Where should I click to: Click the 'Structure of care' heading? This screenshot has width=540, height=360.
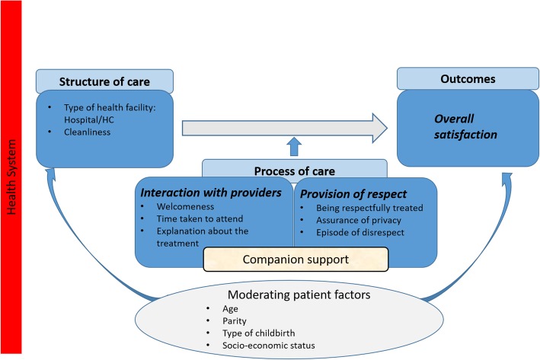click(x=104, y=82)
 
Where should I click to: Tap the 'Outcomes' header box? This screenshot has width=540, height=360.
click(x=468, y=79)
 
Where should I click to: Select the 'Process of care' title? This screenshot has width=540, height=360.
click(x=295, y=171)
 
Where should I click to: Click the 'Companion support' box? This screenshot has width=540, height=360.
click(x=296, y=260)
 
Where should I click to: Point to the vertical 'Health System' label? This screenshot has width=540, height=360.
click(x=11, y=177)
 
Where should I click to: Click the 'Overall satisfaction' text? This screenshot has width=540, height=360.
click(x=465, y=126)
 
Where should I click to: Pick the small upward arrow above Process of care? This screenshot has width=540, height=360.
click(x=294, y=147)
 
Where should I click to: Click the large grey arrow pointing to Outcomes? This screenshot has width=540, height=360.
click(x=284, y=128)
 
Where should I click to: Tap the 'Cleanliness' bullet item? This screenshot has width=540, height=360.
click(x=87, y=132)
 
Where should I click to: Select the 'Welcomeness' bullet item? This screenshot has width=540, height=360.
click(x=185, y=206)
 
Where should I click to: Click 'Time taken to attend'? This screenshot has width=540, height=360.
click(x=200, y=219)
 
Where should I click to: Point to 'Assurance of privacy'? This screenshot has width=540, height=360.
click(x=359, y=220)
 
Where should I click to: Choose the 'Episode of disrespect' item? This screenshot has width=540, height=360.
click(x=360, y=233)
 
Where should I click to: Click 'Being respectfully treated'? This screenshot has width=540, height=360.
click(x=369, y=208)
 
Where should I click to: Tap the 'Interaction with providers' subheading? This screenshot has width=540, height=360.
click(x=211, y=193)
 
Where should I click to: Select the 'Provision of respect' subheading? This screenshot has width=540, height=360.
click(x=353, y=194)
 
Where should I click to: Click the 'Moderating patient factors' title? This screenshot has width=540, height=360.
click(x=299, y=295)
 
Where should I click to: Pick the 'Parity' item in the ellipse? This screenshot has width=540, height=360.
click(x=234, y=321)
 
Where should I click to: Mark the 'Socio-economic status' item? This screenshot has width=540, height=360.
click(x=269, y=346)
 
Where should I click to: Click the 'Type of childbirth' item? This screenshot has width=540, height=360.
click(x=259, y=333)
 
